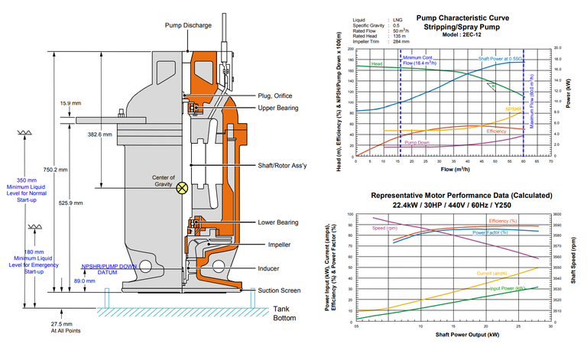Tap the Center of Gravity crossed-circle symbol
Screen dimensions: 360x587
tap(182, 186)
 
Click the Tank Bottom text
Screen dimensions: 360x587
tap(290, 314)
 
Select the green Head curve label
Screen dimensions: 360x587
tap(377, 63)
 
